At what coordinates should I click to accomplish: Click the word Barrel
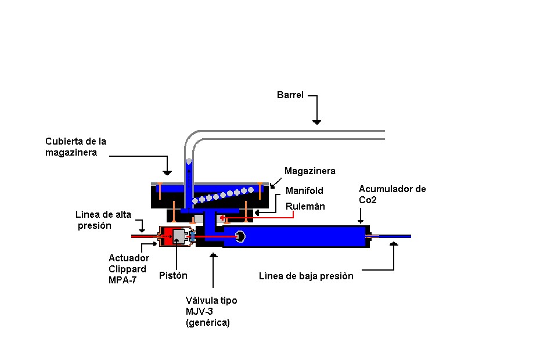click(290, 95)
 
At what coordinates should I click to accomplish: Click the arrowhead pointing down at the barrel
click(316, 121)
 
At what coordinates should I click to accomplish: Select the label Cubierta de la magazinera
click(75, 146)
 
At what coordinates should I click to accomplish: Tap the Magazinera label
click(309, 171)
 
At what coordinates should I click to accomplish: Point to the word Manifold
click(304, 190)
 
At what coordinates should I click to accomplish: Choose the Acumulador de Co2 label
click(392, 195)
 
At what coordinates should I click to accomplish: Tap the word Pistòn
click(173, 275)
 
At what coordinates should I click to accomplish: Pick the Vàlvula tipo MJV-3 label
click(211, 311)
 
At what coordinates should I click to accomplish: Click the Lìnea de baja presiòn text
click(305, 276)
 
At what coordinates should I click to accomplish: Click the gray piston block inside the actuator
click(178, 237)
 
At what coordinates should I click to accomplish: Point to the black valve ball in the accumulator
click(240, 236)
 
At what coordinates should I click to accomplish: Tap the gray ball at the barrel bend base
click(188, 160)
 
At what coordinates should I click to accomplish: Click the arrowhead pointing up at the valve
click(214, 254)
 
